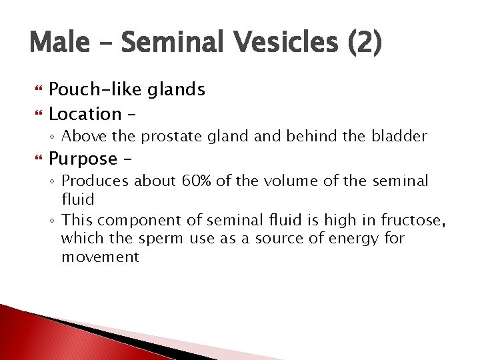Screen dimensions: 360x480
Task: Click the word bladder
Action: click(x=400, y=137)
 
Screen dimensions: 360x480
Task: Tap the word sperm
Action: click(x=161, y=238)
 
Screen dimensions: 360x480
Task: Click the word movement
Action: click(x=100, y=257)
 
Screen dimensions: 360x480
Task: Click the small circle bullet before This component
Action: click(x=53, y=220)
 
